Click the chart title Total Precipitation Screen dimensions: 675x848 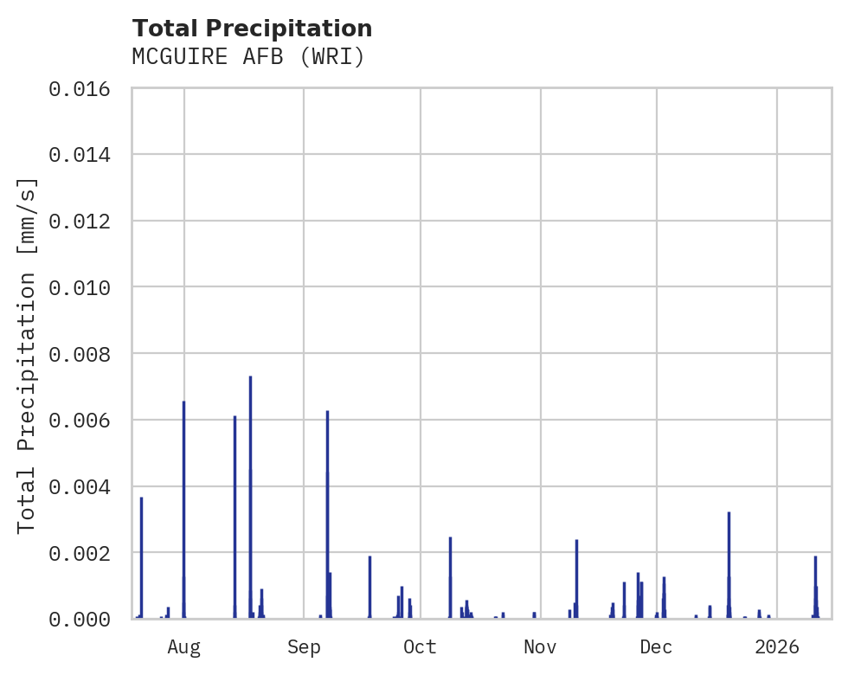252,29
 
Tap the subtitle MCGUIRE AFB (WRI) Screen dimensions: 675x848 248,57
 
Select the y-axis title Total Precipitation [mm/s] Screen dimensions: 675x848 28,355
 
